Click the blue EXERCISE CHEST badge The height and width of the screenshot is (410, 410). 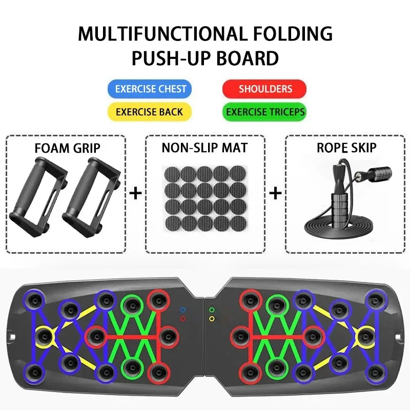tap(150, 89)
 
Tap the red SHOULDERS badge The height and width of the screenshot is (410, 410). tap(264, 89)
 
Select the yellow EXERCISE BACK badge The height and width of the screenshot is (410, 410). tap(150, 112)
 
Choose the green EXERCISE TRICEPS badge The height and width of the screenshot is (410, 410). tap(264, 112)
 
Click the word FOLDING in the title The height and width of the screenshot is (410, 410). tap(293, 34)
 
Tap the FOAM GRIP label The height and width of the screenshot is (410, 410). tap(68, 148)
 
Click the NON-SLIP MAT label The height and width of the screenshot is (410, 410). tap(204, 148)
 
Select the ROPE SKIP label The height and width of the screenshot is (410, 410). tap(346, 148)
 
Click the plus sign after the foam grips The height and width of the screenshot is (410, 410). tap(135, 194)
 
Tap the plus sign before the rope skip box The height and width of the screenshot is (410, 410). tap(275, 194)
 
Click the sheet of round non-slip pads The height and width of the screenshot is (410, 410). tap(206, 199)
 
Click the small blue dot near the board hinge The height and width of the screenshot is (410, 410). tap(183, 310)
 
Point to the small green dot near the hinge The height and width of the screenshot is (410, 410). tap(212, 310)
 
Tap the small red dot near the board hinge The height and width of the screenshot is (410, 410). tap(183, 319)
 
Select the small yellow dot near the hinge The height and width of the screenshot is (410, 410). tap(212, 319)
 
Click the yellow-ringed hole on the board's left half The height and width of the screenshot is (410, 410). tap(44, 337)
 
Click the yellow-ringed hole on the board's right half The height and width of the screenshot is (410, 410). tap(366, 337)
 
